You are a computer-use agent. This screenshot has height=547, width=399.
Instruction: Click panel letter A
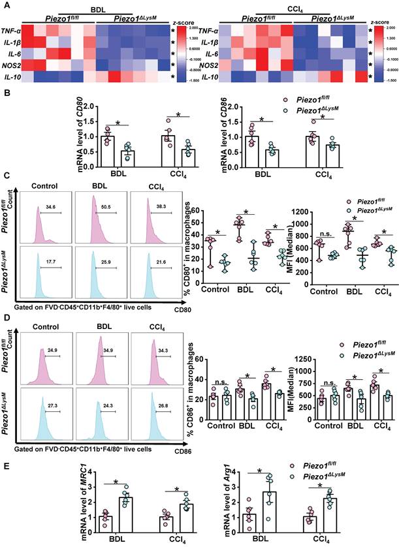[7, 5]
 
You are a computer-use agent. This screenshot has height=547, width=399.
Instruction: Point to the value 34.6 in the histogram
[52, 189]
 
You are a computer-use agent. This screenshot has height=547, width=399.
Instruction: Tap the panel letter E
[7, 467]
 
